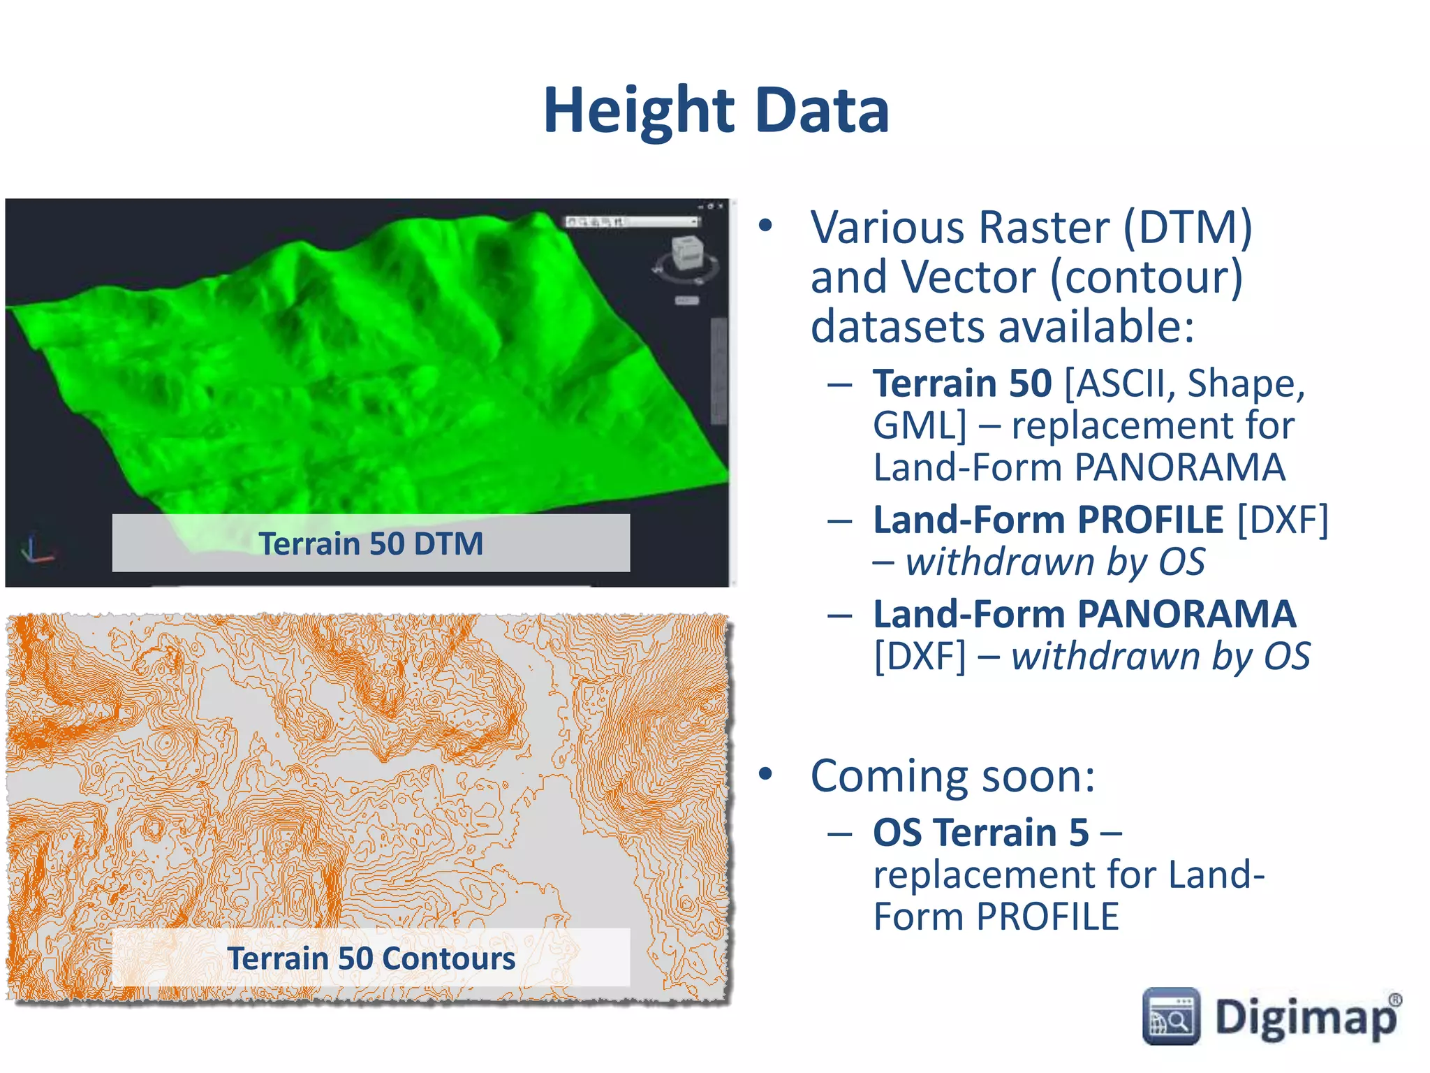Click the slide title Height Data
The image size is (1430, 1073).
716,110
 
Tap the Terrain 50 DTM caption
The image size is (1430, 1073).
371,543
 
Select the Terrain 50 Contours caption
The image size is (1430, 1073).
371,958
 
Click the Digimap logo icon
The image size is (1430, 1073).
1171,1016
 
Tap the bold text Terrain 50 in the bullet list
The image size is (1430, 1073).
962,383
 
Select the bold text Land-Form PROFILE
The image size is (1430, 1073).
1047,520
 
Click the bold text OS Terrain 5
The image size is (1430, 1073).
980,832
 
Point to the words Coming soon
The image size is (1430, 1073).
952,776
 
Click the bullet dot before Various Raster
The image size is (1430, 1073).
766,226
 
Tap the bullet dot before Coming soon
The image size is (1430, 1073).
766,773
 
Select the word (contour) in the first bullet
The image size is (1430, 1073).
1146,277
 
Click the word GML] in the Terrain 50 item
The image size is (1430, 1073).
920,425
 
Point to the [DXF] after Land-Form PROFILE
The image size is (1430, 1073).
1282,520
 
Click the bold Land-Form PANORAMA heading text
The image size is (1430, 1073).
1084,614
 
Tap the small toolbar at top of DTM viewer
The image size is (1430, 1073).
632,221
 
